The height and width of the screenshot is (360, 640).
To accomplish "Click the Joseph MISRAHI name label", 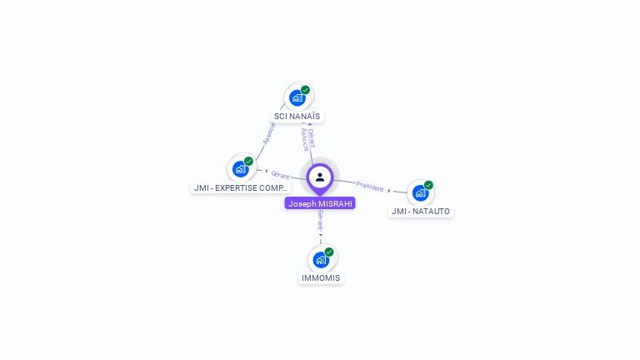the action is tap(320, 203).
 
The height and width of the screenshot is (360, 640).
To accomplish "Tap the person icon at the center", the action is tap(320, 177).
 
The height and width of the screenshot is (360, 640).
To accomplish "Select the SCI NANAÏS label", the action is tap(297, 117).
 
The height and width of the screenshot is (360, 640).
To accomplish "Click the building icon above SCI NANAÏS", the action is tap(297, 97).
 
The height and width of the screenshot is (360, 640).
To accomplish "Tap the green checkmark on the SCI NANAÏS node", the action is tap(306, 90).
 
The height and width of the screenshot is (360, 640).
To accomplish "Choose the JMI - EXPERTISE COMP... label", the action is tap(240, 187).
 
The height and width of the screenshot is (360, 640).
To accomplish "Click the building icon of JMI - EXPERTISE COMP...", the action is tap(241, 169).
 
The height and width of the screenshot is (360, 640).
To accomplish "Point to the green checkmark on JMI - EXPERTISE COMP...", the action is tap(249, 161).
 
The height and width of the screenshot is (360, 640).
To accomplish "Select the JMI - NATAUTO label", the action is tap(421, 211).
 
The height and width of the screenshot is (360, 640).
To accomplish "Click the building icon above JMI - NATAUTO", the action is tap(420, 192).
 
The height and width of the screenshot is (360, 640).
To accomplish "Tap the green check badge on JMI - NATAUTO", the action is tap(428, 185).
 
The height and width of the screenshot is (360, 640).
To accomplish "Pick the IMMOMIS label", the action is tap(321, 277).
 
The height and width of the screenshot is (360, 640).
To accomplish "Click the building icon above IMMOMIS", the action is tap(321, 259).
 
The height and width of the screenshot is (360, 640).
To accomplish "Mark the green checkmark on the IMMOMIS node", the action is tap(329, 252).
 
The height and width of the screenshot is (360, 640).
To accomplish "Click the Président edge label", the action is tap(370, 187).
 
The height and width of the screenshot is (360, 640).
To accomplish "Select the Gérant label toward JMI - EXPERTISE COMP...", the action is tap(280, 175).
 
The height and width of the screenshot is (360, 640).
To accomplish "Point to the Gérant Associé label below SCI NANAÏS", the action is tap(307, 138).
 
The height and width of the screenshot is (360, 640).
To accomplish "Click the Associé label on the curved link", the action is tap(268, 133).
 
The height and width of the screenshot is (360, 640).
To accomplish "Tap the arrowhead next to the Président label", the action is tap(389, 191).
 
